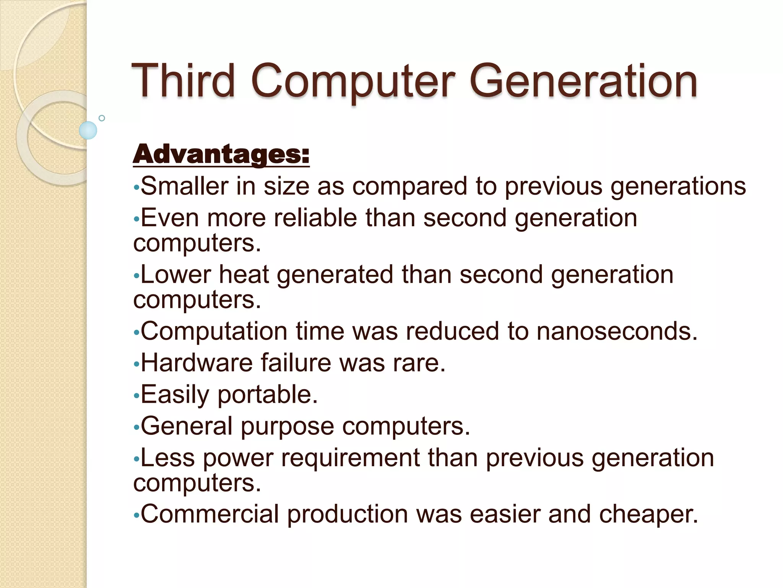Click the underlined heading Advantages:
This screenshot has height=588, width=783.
coord(221,154)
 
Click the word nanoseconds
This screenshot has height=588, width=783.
coord(617,331)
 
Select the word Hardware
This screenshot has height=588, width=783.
coord(197,363)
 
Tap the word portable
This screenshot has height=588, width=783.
coord(268,395)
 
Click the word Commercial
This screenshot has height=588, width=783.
coord(210,514)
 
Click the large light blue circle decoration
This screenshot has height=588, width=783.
coord(88,131)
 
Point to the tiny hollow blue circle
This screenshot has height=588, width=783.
coord(102,118)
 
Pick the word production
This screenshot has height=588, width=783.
coord(348,514)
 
